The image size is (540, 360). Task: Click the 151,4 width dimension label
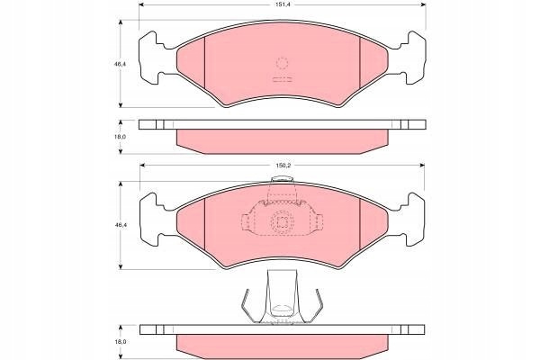[x=283, y=4]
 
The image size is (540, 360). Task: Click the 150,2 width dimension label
[x=283, y=166]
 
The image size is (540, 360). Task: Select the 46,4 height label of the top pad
[x=120, y=64]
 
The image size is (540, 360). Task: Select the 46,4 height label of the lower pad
[x=120, y=225]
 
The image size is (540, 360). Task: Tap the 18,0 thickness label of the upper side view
[x=121, y=137]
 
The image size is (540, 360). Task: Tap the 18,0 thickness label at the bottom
[x=121, y=342]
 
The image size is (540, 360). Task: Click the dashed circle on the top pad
[x=282, y=63]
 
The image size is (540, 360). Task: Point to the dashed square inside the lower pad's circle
[x=283, y=223]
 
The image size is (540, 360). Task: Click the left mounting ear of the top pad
[x=151, y=58]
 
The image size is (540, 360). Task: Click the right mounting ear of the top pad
[x=413, y=58]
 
